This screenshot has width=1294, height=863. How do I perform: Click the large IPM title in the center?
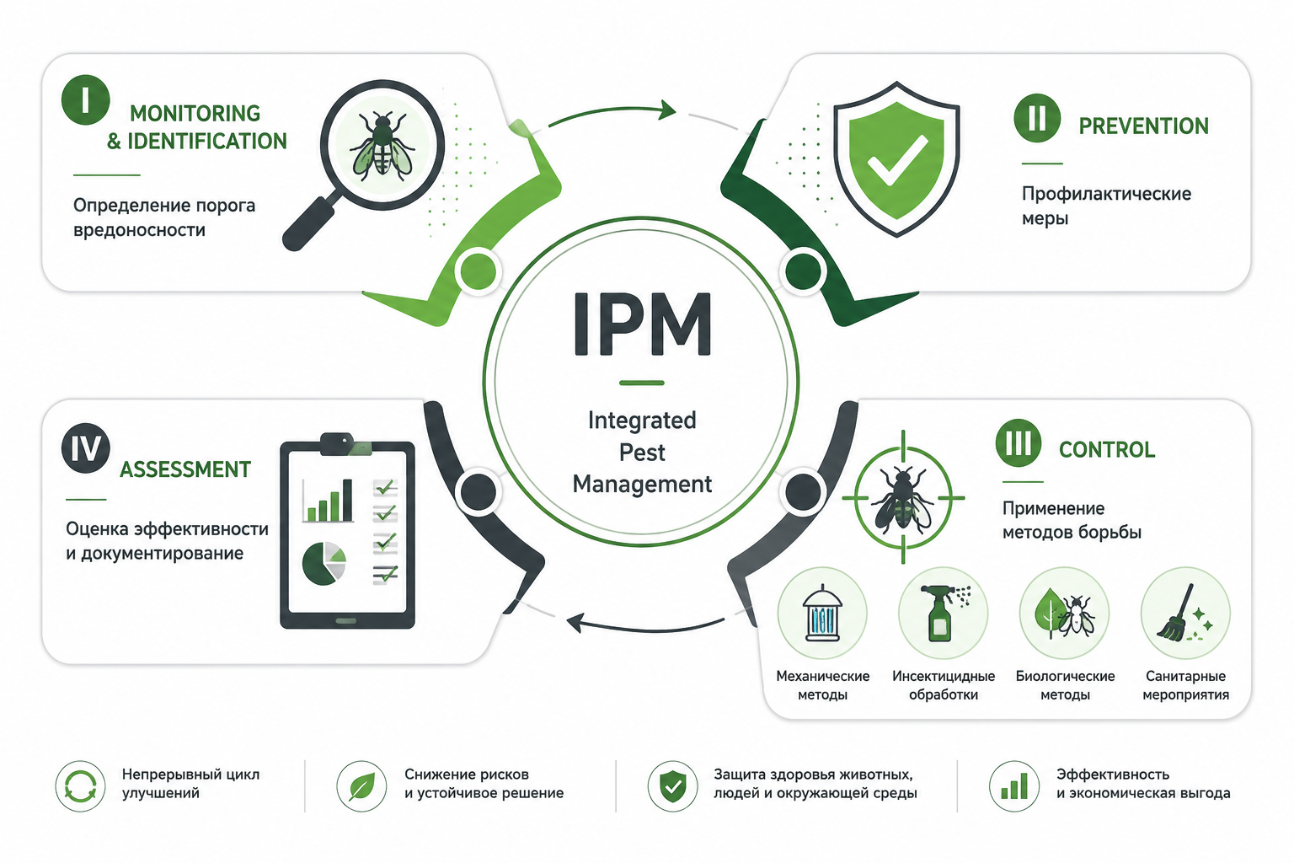(642, 324)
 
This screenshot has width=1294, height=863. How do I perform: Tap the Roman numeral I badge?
(85, 99)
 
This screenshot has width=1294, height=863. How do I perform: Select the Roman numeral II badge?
(1037, 118)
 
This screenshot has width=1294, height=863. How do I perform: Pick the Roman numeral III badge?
(1018, 443)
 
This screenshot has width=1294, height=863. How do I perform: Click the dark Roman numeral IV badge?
(85, 448)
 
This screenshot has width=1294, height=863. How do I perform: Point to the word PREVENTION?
(1143, 126)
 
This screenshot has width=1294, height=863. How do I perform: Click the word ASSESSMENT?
(185, 469)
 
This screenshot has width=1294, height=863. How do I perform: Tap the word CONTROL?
(1107, 450)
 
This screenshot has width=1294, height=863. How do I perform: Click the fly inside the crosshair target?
(901, 499)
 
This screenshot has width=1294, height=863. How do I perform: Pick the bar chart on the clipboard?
(328, 501)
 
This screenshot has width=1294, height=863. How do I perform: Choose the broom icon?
(1181, 614)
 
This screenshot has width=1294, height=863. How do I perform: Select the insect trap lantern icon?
(822, 614)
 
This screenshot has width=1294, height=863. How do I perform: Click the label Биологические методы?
(1065, 685)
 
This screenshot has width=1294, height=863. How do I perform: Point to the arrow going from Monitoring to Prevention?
(613, 110)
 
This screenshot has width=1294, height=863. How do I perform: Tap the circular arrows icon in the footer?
(80, 786)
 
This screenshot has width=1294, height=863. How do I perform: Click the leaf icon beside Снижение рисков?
(361, 786)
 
